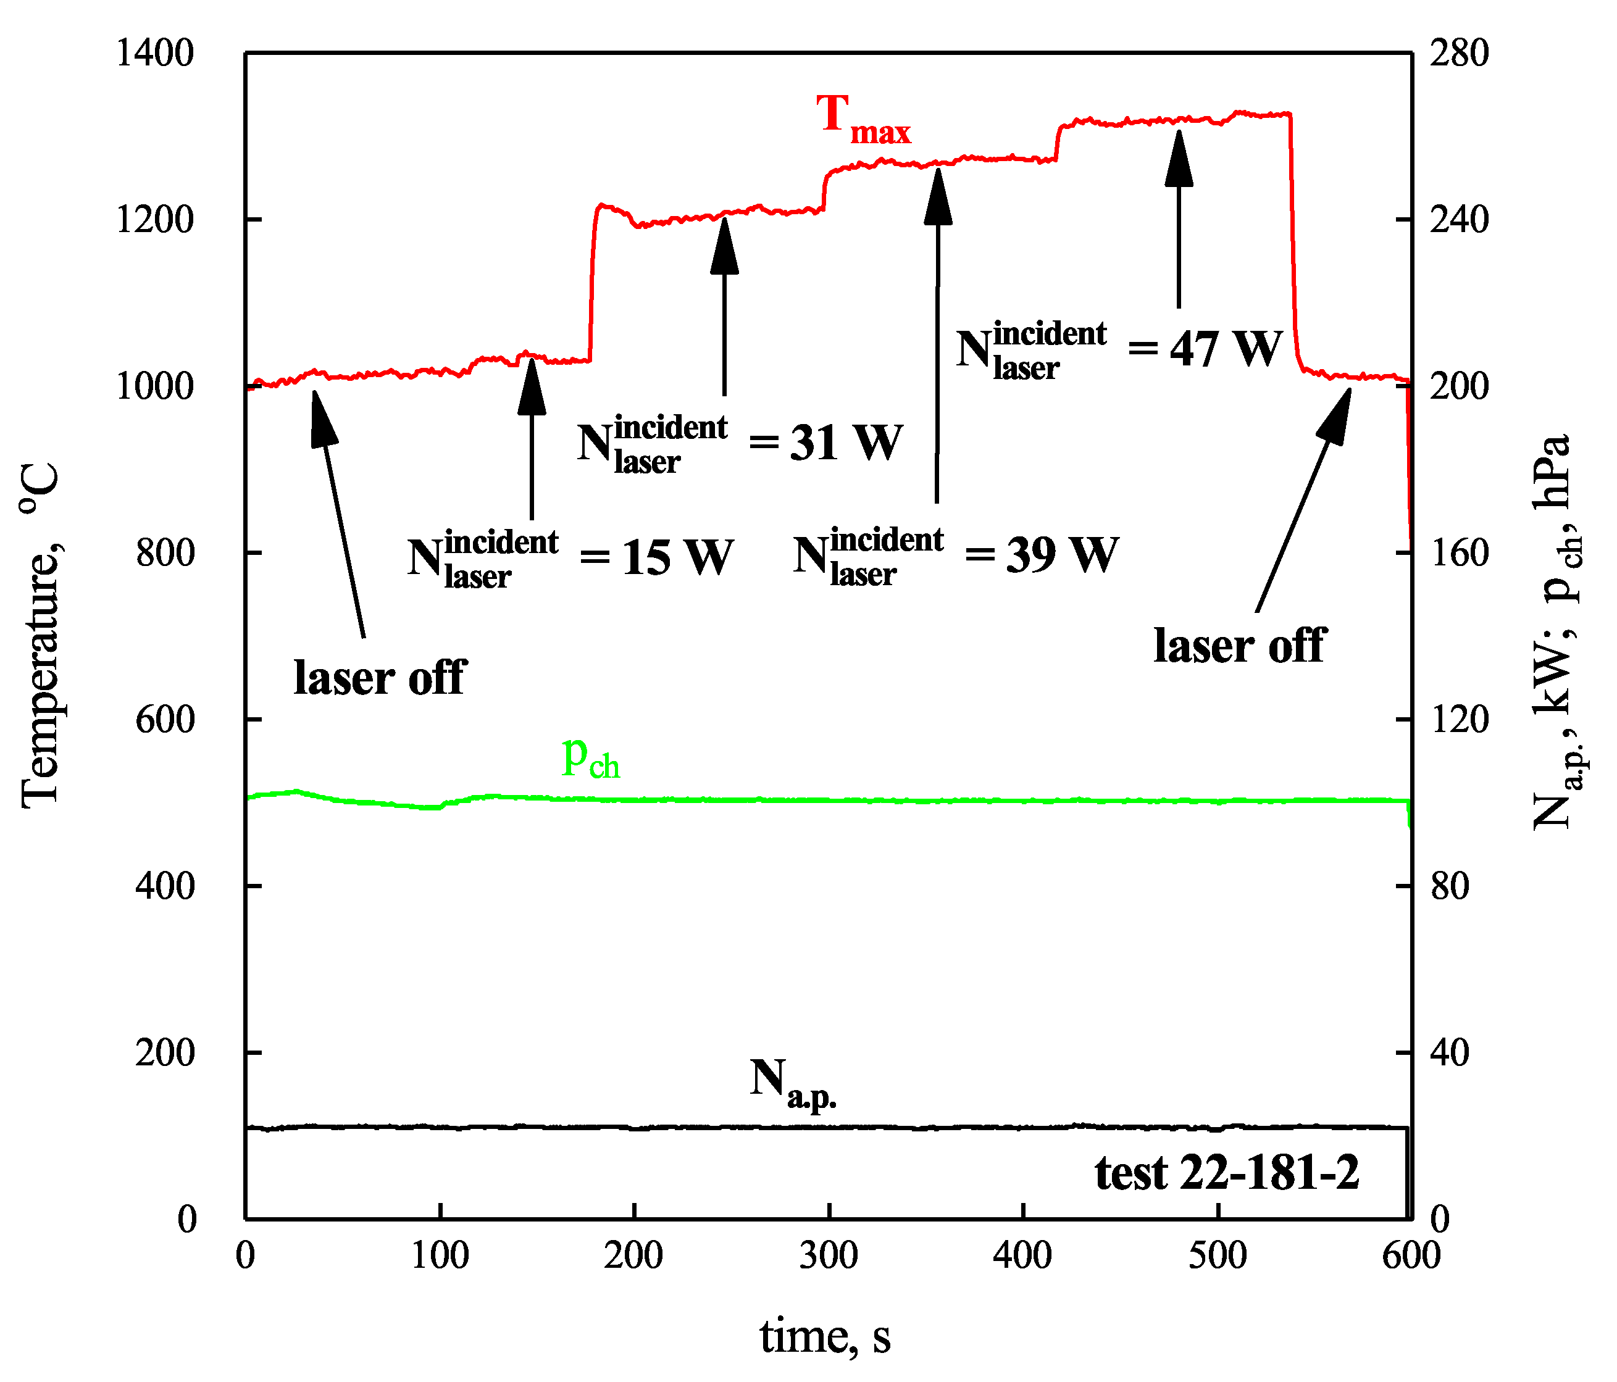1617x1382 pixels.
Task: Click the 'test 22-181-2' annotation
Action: click(1227, 1173)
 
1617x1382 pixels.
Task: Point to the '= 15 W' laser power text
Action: click(656, 557)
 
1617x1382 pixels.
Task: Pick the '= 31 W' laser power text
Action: click(825, 443)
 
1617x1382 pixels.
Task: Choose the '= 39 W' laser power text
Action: click(1041, 555)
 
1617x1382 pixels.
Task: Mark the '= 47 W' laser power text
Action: click(1205, 348)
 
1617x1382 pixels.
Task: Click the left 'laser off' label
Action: click(380, 676)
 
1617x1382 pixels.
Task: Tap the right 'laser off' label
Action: click(1239, 646)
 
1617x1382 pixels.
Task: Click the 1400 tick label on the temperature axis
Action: click(154, 54)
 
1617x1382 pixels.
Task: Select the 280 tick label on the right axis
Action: click(1458, 54)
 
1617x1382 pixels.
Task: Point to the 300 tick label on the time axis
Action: click(828, 1255)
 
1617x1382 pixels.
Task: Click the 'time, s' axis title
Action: click(825, 1335)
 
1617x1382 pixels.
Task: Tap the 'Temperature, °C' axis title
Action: click(41, 634)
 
